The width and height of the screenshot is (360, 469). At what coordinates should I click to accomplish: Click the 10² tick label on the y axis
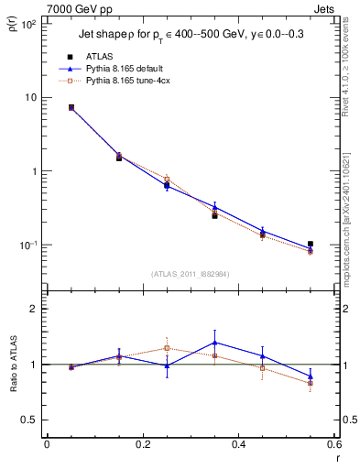pos(28,24)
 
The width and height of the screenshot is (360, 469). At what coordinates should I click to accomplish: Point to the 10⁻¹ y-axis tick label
pos(27,245)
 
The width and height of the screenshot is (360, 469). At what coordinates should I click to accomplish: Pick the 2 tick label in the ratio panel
pos(34,310)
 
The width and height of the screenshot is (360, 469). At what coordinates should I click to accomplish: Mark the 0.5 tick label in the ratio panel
pos(30,420)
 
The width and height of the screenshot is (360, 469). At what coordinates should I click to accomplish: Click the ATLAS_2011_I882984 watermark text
pos(191,274)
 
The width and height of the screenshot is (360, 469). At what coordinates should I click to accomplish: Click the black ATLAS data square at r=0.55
pos(311,245)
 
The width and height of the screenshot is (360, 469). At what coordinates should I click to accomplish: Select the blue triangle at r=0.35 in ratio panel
pos(214,343)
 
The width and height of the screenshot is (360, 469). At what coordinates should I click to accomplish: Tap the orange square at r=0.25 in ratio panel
pos(167,348)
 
